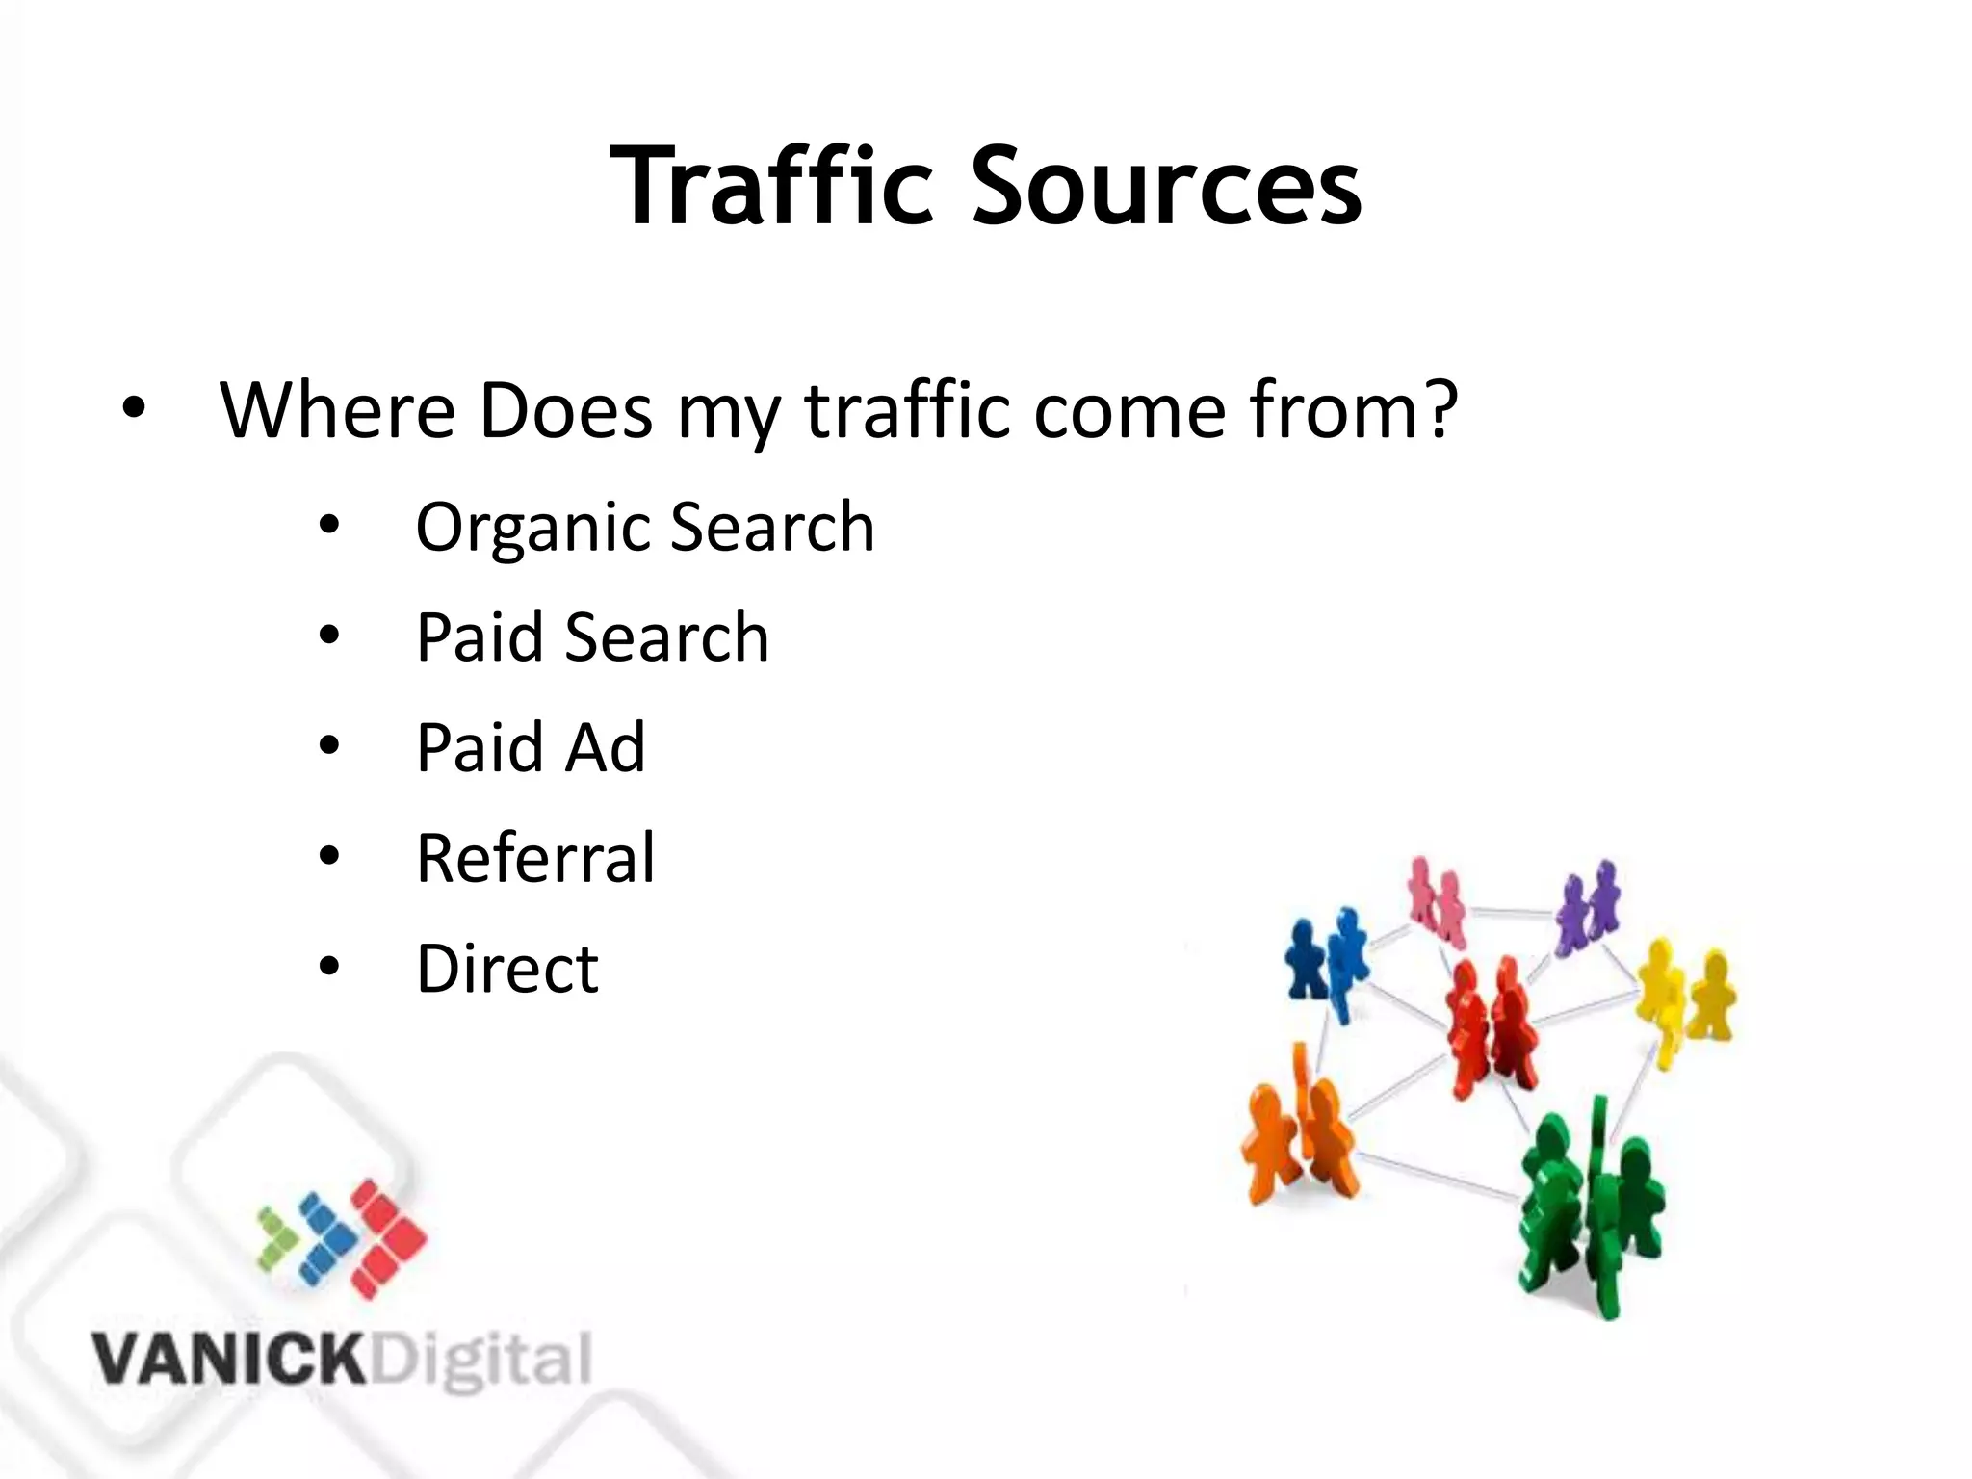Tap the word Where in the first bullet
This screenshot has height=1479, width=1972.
337,411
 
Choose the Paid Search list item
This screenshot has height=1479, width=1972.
592,637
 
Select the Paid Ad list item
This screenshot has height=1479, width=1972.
531,747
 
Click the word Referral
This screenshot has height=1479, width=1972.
535,857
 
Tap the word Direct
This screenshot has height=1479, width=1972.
507,968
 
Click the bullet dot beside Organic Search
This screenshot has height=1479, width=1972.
329,527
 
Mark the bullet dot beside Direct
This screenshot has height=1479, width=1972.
329,967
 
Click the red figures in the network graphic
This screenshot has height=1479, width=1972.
1489,1026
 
